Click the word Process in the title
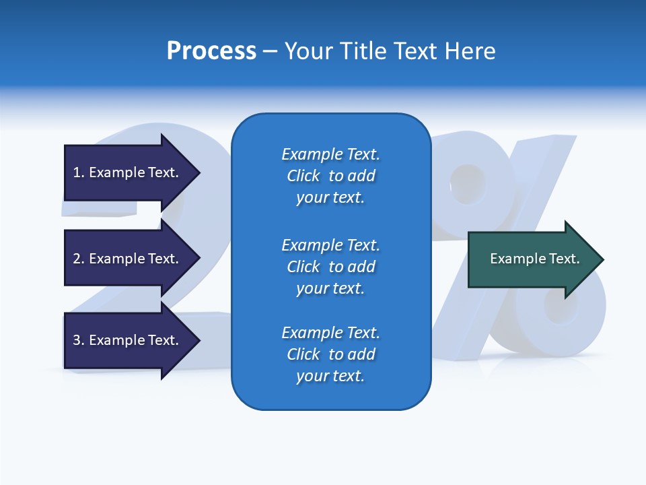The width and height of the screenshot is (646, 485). (x=211, y=51)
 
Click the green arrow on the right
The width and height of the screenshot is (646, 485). (x=532, y=259)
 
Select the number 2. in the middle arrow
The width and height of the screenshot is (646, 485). (x=79, y=259)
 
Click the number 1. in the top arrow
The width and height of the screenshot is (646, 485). (x=79, y=172)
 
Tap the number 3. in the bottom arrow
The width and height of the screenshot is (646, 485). (x=79, y=340)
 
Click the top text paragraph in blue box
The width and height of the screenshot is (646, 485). (x=330, y=176)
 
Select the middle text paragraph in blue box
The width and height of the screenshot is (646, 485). (x=330, y=267)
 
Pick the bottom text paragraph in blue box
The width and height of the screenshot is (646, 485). (x=330, y=354)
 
